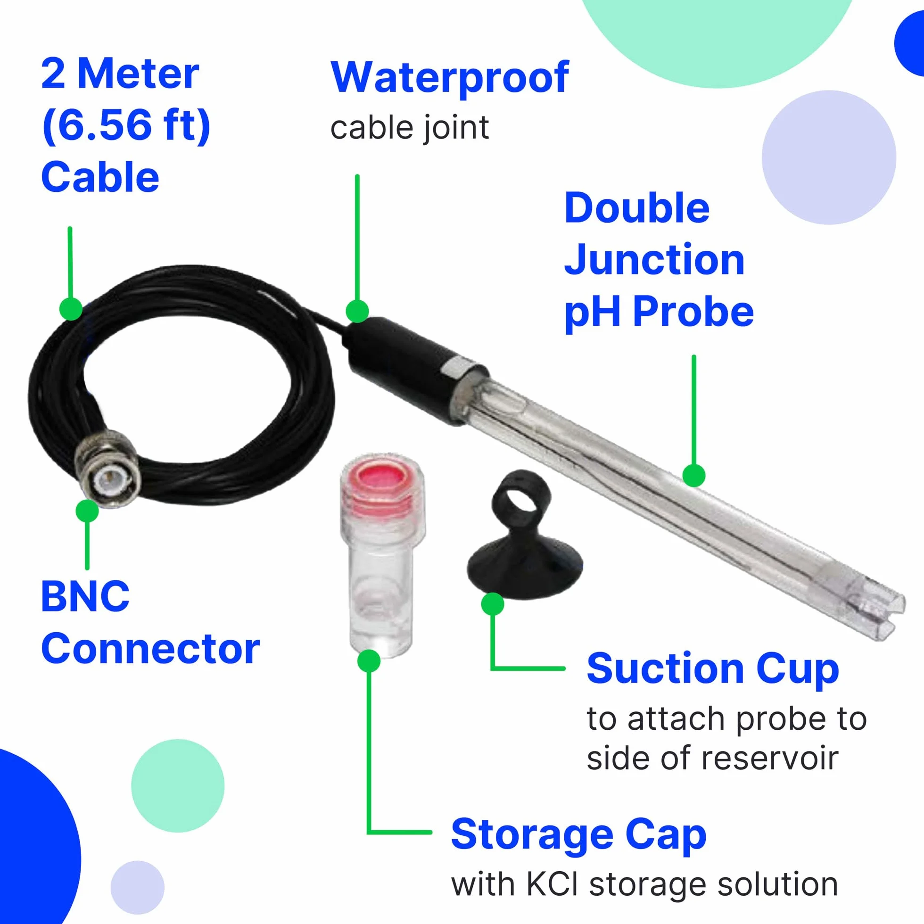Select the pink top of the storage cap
382,478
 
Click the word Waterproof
450,77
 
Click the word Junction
654,260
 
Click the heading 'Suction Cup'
713,669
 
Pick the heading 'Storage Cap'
579,835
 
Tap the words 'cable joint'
409,128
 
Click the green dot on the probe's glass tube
693,475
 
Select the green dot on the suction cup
493,604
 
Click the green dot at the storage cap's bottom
369,661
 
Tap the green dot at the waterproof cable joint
357,311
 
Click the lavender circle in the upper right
829,157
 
